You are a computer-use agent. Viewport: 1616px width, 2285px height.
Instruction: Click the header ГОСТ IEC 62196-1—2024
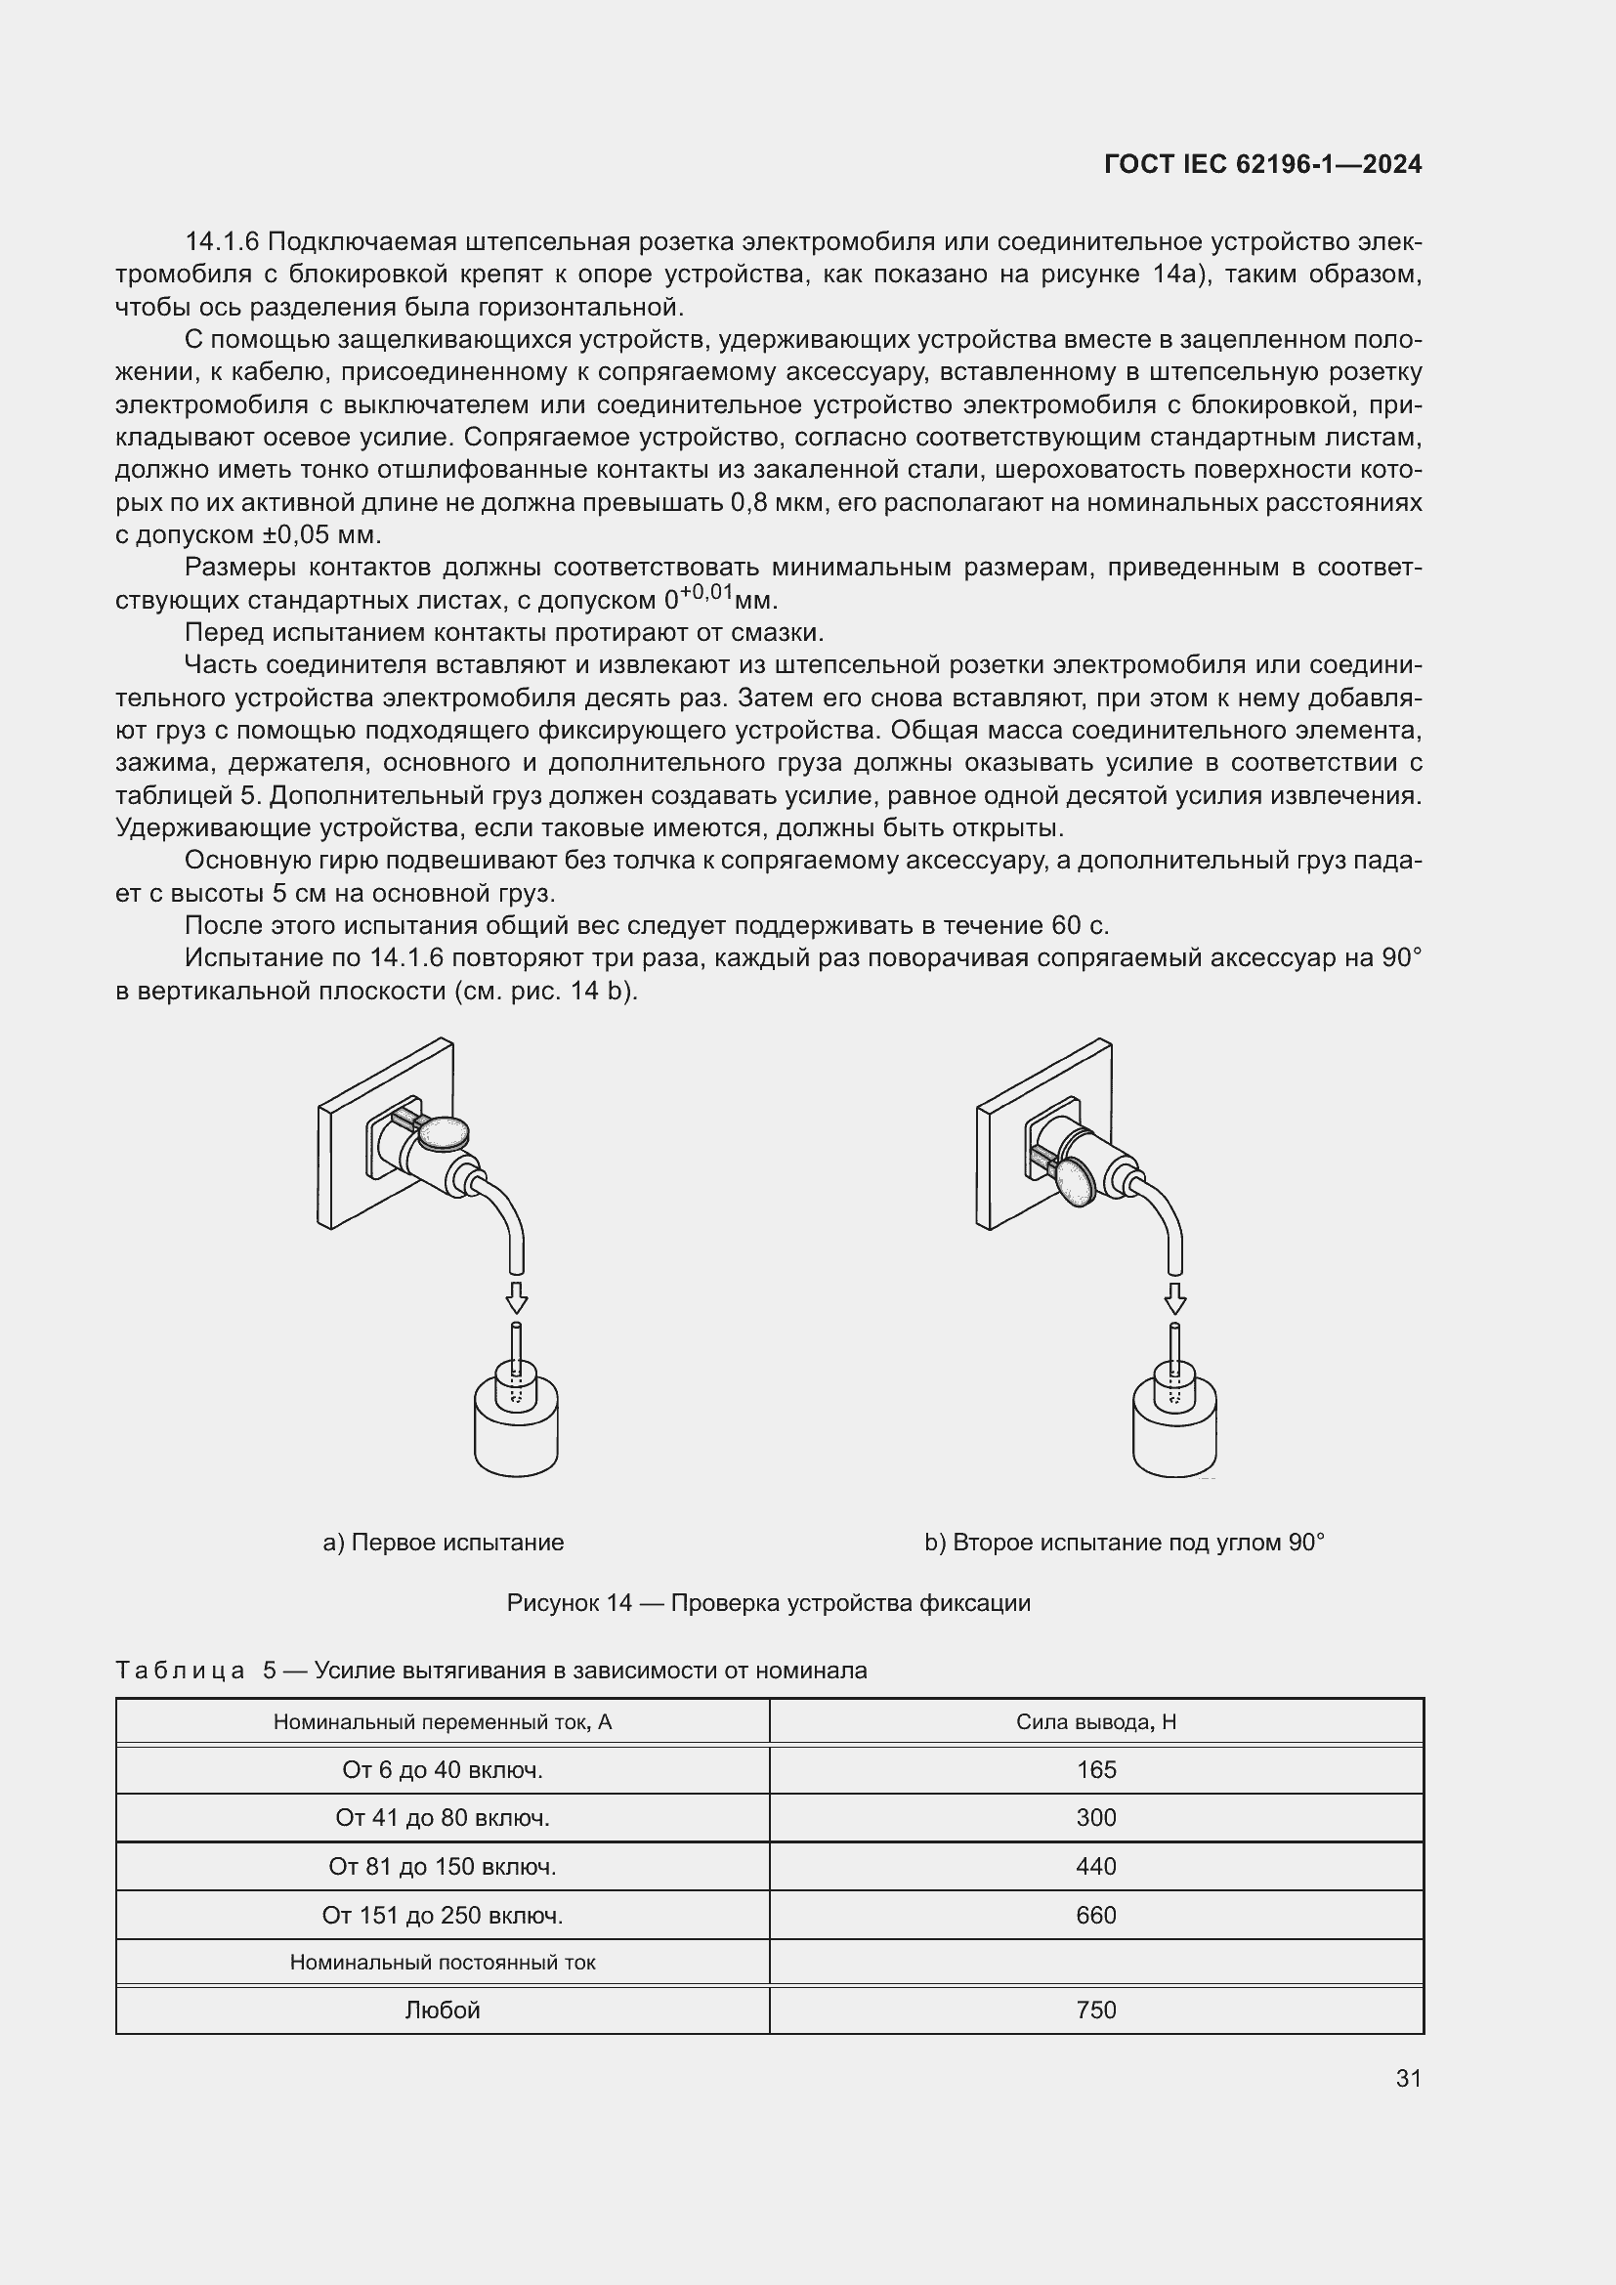(x=1262, y=164)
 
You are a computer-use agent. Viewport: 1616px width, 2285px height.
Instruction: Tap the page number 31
(x=1408, y=2078)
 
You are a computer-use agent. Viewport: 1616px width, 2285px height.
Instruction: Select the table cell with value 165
(x=1095, y=1769)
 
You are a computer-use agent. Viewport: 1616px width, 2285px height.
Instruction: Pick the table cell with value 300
(x=1095, y=1818)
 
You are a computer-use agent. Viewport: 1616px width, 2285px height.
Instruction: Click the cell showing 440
(x=1095, y=1866)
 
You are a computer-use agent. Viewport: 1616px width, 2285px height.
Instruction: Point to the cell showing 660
(x=1095, y=1915)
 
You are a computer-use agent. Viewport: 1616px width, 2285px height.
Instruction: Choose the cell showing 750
(x=1095, y=2010)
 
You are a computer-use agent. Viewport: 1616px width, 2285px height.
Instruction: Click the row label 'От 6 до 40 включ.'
(x=442, y=1769)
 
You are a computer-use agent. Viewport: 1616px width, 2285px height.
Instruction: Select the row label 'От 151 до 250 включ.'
(x=442, y=1915)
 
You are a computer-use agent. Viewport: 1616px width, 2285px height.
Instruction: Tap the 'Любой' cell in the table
(x=442, y=2010)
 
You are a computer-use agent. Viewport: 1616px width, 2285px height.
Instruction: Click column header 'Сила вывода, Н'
(x=1095, y=1721)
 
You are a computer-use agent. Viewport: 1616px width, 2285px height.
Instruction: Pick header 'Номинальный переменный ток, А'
(x=442, y=1721)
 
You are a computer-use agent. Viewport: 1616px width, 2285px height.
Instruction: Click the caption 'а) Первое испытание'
(x=443, y=1543)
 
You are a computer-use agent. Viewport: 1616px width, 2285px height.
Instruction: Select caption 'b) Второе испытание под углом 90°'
(x=1125, y=1543)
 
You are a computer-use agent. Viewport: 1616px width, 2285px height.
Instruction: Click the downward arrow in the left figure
(x=516, y=1297)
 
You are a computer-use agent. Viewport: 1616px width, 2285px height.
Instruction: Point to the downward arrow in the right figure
(x=1175, y=1297)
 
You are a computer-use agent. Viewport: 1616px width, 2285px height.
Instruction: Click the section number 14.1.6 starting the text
(x=222, y=242)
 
